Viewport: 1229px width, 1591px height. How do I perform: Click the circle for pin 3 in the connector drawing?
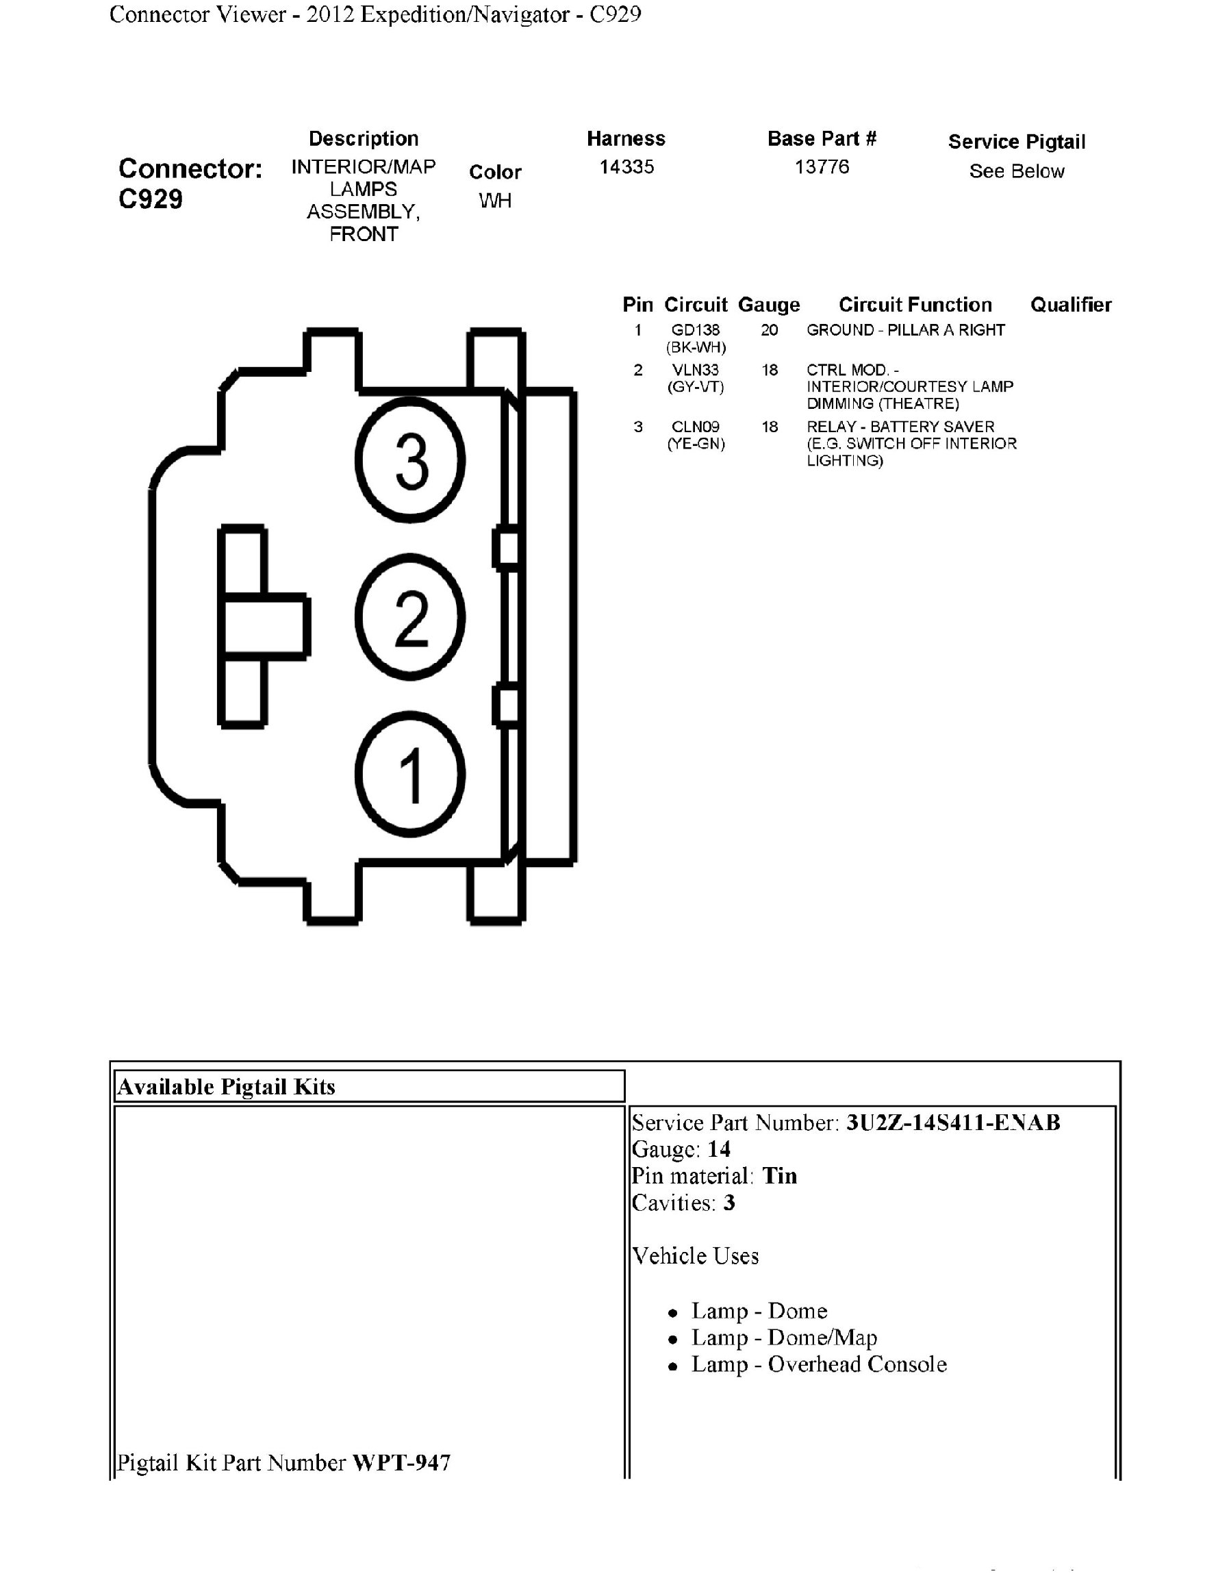(410, 460)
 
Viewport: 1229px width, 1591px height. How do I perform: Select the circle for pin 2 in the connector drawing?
(410, 617)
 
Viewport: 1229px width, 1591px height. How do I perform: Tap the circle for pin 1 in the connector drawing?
(410, 774)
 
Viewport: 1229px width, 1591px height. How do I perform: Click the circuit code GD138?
(696, 330)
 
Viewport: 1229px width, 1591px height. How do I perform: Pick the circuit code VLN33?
(696, 370)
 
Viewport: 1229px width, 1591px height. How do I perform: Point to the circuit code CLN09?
(696, 427)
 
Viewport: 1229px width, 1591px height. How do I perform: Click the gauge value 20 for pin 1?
(770, 330)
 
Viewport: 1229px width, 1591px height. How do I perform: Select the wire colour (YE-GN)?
(696, 444)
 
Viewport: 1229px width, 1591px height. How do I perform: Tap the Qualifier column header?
(1070, 305)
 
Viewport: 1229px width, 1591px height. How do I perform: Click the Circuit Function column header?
(915, 305)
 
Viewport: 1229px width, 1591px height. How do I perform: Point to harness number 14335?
(626, 167)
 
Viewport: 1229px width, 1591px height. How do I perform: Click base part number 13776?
(822, 167)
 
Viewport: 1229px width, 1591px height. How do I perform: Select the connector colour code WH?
(495, 201)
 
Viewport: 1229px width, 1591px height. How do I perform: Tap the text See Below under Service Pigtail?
(1016, 171)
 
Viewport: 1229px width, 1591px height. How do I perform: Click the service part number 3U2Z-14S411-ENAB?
(952, 1123)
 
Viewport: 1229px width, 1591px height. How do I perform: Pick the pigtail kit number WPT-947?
(401, 1462)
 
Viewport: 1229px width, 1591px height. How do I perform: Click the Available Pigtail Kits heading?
(227, 1087)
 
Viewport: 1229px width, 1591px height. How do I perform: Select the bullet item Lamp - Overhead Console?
(818, 1364)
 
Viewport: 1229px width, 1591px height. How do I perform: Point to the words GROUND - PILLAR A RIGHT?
(905, 330)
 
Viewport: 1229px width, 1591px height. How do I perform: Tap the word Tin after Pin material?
(779, 1176)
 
